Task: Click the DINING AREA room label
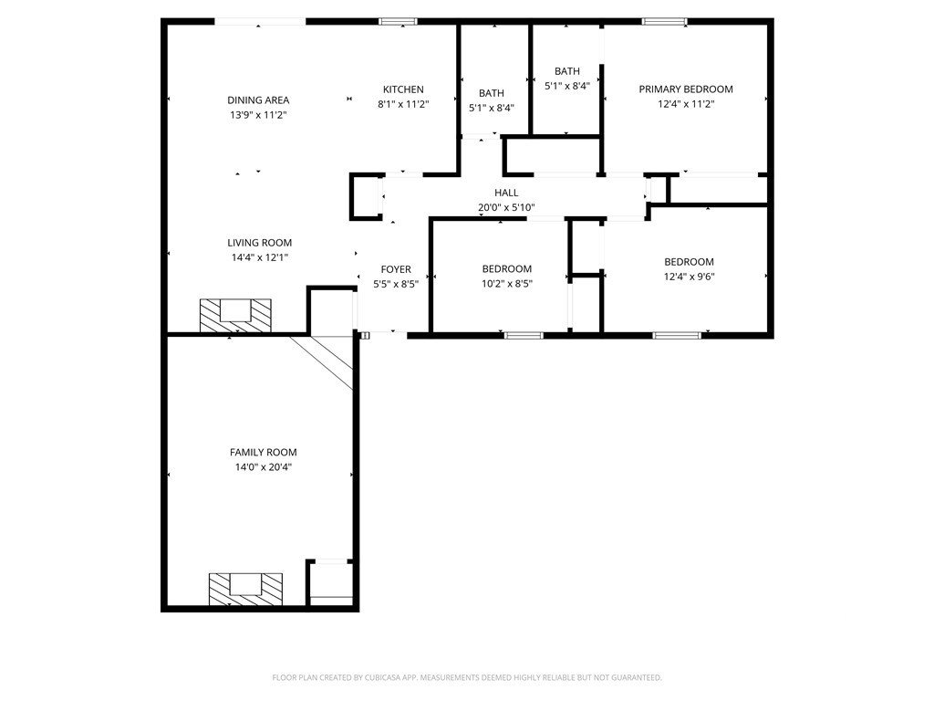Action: pos(258,100)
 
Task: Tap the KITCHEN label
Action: pos(403,89)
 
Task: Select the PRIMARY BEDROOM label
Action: pos(686,89)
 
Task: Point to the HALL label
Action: pos(506,193)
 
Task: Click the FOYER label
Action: pos(396,269)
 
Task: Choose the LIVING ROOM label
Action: pos(260,243)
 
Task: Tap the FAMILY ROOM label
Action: pos(264,453)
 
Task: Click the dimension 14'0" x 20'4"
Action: pos(264,467)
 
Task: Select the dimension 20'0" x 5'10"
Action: pos(506,207)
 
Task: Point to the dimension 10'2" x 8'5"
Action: pos(507,284)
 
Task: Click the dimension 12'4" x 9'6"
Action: pos(690,277)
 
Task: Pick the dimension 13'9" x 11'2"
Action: pos(258,115)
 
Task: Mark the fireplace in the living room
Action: pos(235,315)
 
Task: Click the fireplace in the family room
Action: pos(245,589)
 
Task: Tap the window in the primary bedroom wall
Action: pos(664,22)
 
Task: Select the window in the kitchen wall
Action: pos(399,22)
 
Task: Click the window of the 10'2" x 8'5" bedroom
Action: pos(524,336)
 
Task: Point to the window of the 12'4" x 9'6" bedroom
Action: pos(677,336)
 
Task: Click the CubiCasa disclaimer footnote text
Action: pos(467,678)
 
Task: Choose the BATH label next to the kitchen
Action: pos(492,93)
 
